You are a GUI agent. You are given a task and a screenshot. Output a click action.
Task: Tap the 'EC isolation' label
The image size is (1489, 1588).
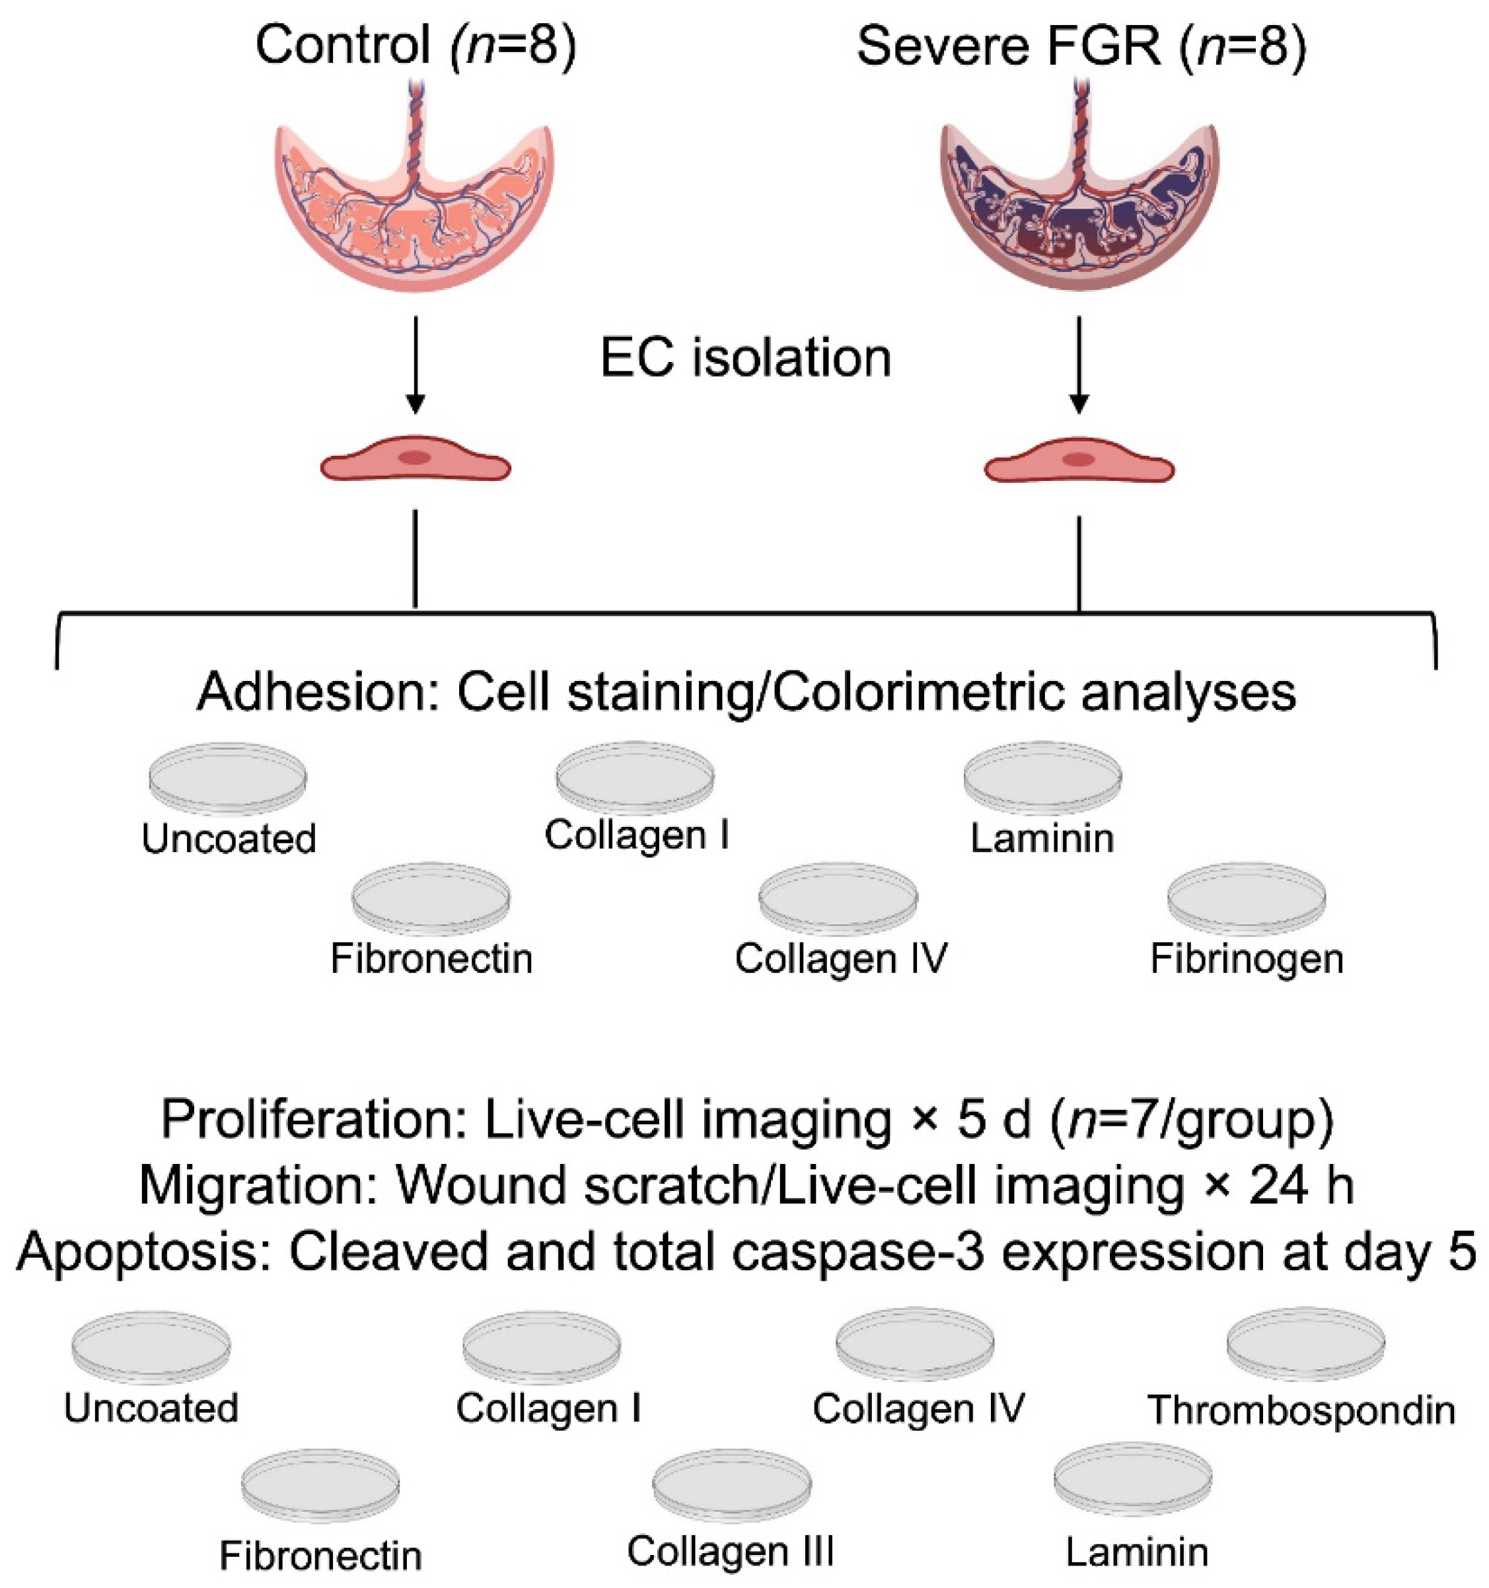(x=745, y=358)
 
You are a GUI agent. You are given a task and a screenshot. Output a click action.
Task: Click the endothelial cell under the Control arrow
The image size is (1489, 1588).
(x=416, y=461)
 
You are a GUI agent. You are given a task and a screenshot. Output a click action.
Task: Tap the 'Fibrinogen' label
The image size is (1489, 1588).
(x=1246, y=958)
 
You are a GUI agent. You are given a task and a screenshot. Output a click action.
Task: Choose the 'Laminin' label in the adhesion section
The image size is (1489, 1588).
(x=1042, y=839)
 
